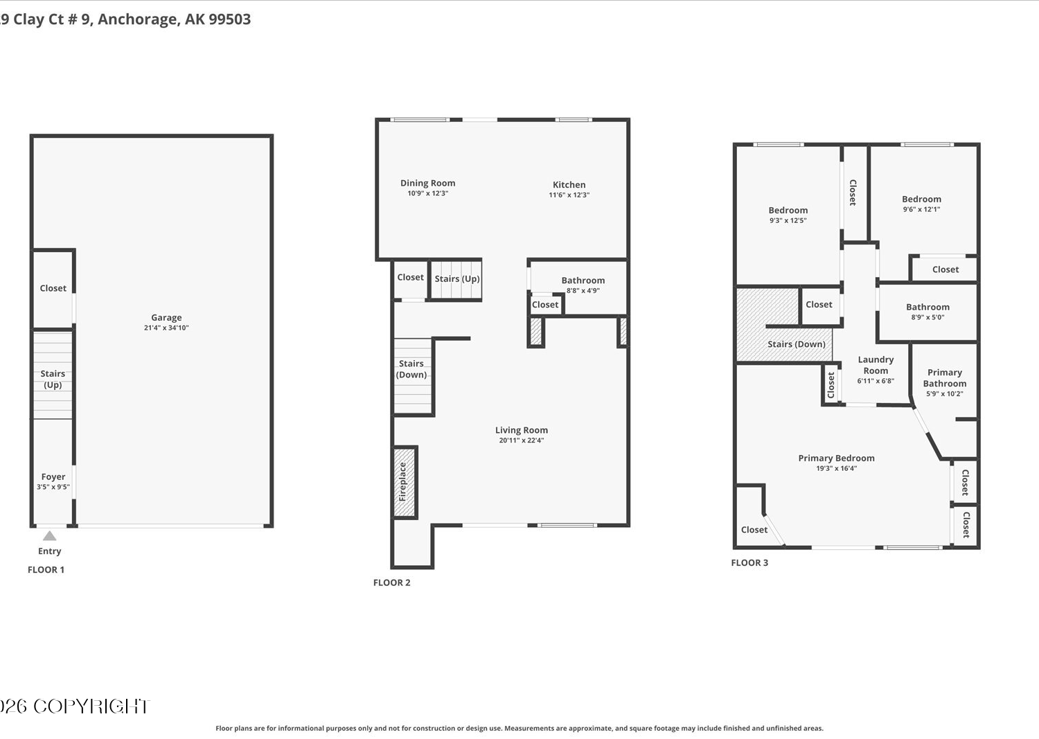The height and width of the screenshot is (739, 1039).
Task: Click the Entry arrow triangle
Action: pyautogui.click(x=50, y=536)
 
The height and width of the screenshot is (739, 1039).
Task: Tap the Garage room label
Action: pyautogui.click(x=166, y=317)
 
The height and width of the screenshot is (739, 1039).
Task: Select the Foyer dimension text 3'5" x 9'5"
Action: pyautogui.click(x=53, y=487)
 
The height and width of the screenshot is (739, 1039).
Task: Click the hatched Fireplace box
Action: pyautogui.click(x=405, y=482)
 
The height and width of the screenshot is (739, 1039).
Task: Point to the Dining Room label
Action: pyautogui.click(x=427, y=183)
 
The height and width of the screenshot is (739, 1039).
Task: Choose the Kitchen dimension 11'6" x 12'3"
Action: pyautogui.click(x=569, y=195)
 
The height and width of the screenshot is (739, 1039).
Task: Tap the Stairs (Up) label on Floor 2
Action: pyautogui.click(x=457, y=278)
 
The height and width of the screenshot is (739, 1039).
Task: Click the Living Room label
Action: pyautogui.click(x=522, y=430)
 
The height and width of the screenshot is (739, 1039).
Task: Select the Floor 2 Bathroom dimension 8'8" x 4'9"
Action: pyautogui.click(x=583, y=290)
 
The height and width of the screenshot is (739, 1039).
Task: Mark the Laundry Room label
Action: pyautogui.click(x=876, y=365)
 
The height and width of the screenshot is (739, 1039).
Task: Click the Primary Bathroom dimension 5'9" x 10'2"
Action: pyautogui.click(x=945, y=394)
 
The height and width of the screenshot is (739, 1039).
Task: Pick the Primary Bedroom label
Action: pyautogui.click(x=836, y=458)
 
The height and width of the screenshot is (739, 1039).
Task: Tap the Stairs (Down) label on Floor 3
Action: pyautogui.click(x=797, y=344)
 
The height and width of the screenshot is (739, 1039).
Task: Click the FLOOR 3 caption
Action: pyautogui.click(x=749, y=562)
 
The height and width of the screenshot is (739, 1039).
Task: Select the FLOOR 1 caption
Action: pyautogui.click(x=46, y=570)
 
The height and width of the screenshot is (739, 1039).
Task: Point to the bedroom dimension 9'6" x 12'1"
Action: pyautogui.click(x=922, y=209)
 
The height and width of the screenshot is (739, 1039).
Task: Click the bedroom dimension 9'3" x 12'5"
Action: pyautogui.click(x=788, y=220)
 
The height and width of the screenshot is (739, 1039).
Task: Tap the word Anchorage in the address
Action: pyautogui.click(x=138, y=19)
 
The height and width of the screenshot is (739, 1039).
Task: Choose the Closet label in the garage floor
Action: pyautogui.click(x=53, y=288)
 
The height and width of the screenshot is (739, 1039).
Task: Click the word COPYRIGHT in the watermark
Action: pyautogui.click(x=91, y=706)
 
